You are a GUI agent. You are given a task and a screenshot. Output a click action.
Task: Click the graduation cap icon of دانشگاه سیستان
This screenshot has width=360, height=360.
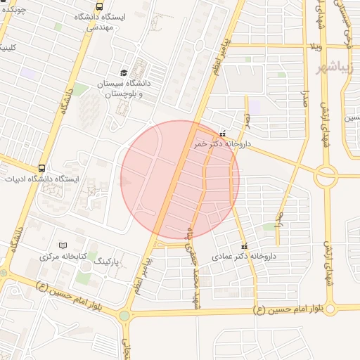[124, 72]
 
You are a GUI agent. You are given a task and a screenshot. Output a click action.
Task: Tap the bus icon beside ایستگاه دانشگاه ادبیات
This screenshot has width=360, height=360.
[42, 169]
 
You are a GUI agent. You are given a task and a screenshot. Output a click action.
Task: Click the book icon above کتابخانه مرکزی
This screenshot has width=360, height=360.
[63, 245]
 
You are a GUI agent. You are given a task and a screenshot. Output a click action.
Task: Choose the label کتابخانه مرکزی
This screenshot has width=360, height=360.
[63, 257]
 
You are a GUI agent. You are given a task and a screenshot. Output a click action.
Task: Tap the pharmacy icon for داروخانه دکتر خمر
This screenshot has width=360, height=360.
[222, 134]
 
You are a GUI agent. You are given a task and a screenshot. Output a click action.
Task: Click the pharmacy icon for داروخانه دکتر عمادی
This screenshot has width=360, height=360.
[244, 246]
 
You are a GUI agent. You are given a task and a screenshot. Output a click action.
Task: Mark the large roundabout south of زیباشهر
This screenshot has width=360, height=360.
[326, 176]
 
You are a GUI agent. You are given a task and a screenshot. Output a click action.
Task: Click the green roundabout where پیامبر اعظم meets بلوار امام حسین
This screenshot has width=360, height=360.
[124, 316]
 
